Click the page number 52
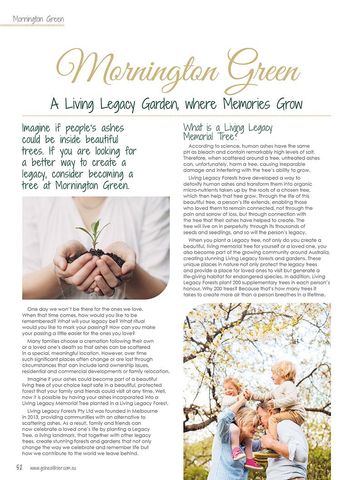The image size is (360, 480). click(19, 468)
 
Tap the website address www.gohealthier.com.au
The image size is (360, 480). click(57, 468)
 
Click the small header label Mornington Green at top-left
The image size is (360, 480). click(38, 19)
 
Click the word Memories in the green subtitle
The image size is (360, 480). click(249, 105)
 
